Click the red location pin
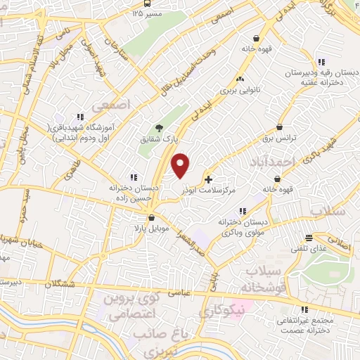[181, 165]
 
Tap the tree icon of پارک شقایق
[159, 128]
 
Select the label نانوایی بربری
[239, 90]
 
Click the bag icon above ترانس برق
[281, 127]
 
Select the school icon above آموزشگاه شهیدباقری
[79, 117]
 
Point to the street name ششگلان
[60, 281]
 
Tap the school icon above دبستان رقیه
[321, 60]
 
